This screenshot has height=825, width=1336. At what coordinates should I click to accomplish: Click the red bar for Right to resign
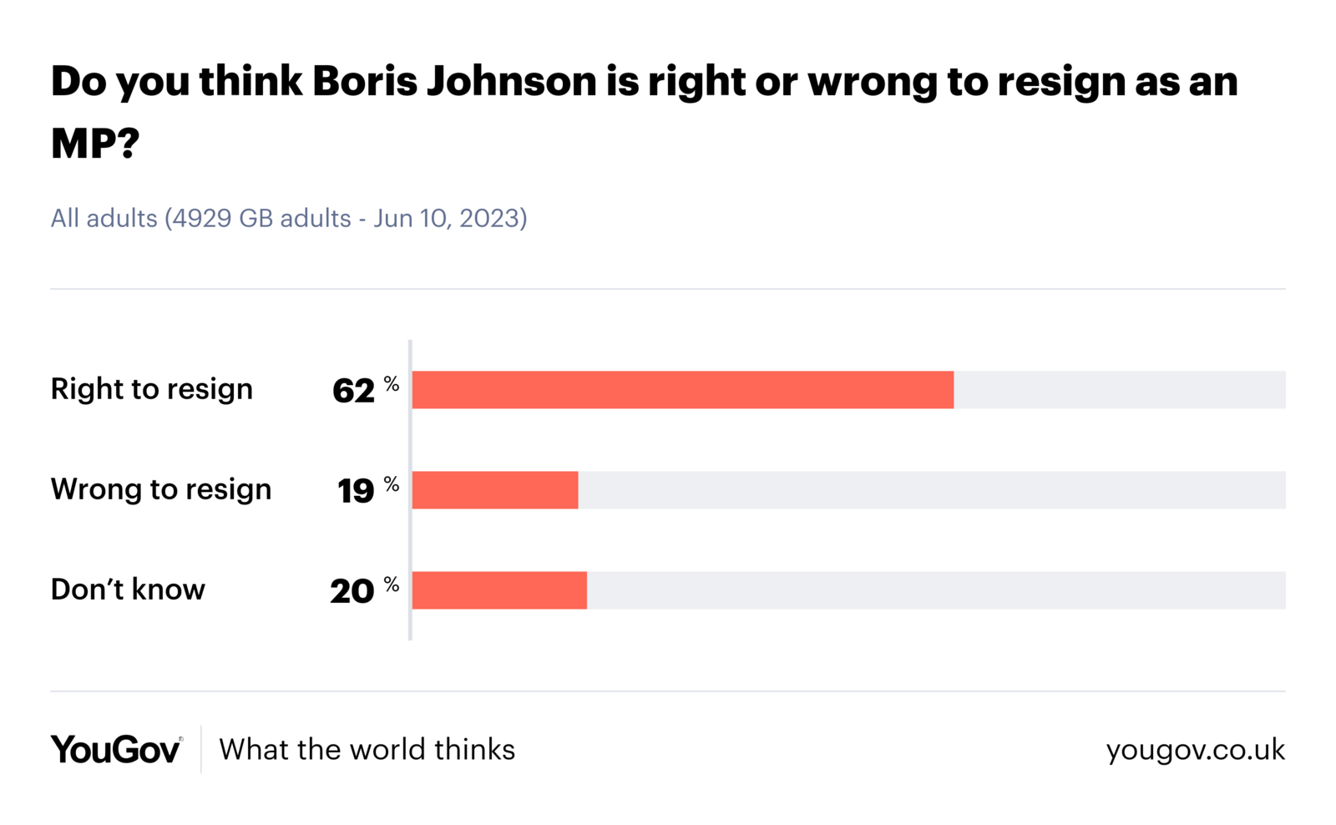coord(682,390)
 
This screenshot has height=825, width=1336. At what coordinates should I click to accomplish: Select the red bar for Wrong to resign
coord(495,490)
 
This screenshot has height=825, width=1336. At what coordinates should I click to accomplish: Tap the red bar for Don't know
coord(499,590)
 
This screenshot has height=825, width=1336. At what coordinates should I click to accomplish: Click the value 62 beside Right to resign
coord(353,391)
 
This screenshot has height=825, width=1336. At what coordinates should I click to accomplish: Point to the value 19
coord(356,491)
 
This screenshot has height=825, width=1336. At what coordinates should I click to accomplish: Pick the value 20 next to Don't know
coord(352,591)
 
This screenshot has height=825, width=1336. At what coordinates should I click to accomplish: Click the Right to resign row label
coord(151,389)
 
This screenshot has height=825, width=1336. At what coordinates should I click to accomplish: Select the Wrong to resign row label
coord(161,489)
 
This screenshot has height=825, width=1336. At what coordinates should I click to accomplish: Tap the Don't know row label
coord(128,590)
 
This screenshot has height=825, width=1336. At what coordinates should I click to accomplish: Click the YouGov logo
coord(116,749)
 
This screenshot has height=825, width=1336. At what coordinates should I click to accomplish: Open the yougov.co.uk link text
coord(1195,750)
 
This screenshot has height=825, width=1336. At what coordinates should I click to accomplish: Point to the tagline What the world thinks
coord(367,750)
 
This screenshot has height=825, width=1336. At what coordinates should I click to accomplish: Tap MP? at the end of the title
coord(94,144)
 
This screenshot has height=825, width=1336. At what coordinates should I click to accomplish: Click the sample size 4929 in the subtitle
coord(201,219)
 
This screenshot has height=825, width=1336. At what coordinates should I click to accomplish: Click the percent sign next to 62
coord(392,384)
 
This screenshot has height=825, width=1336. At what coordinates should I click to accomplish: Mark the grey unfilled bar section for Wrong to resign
coord(931,490)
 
